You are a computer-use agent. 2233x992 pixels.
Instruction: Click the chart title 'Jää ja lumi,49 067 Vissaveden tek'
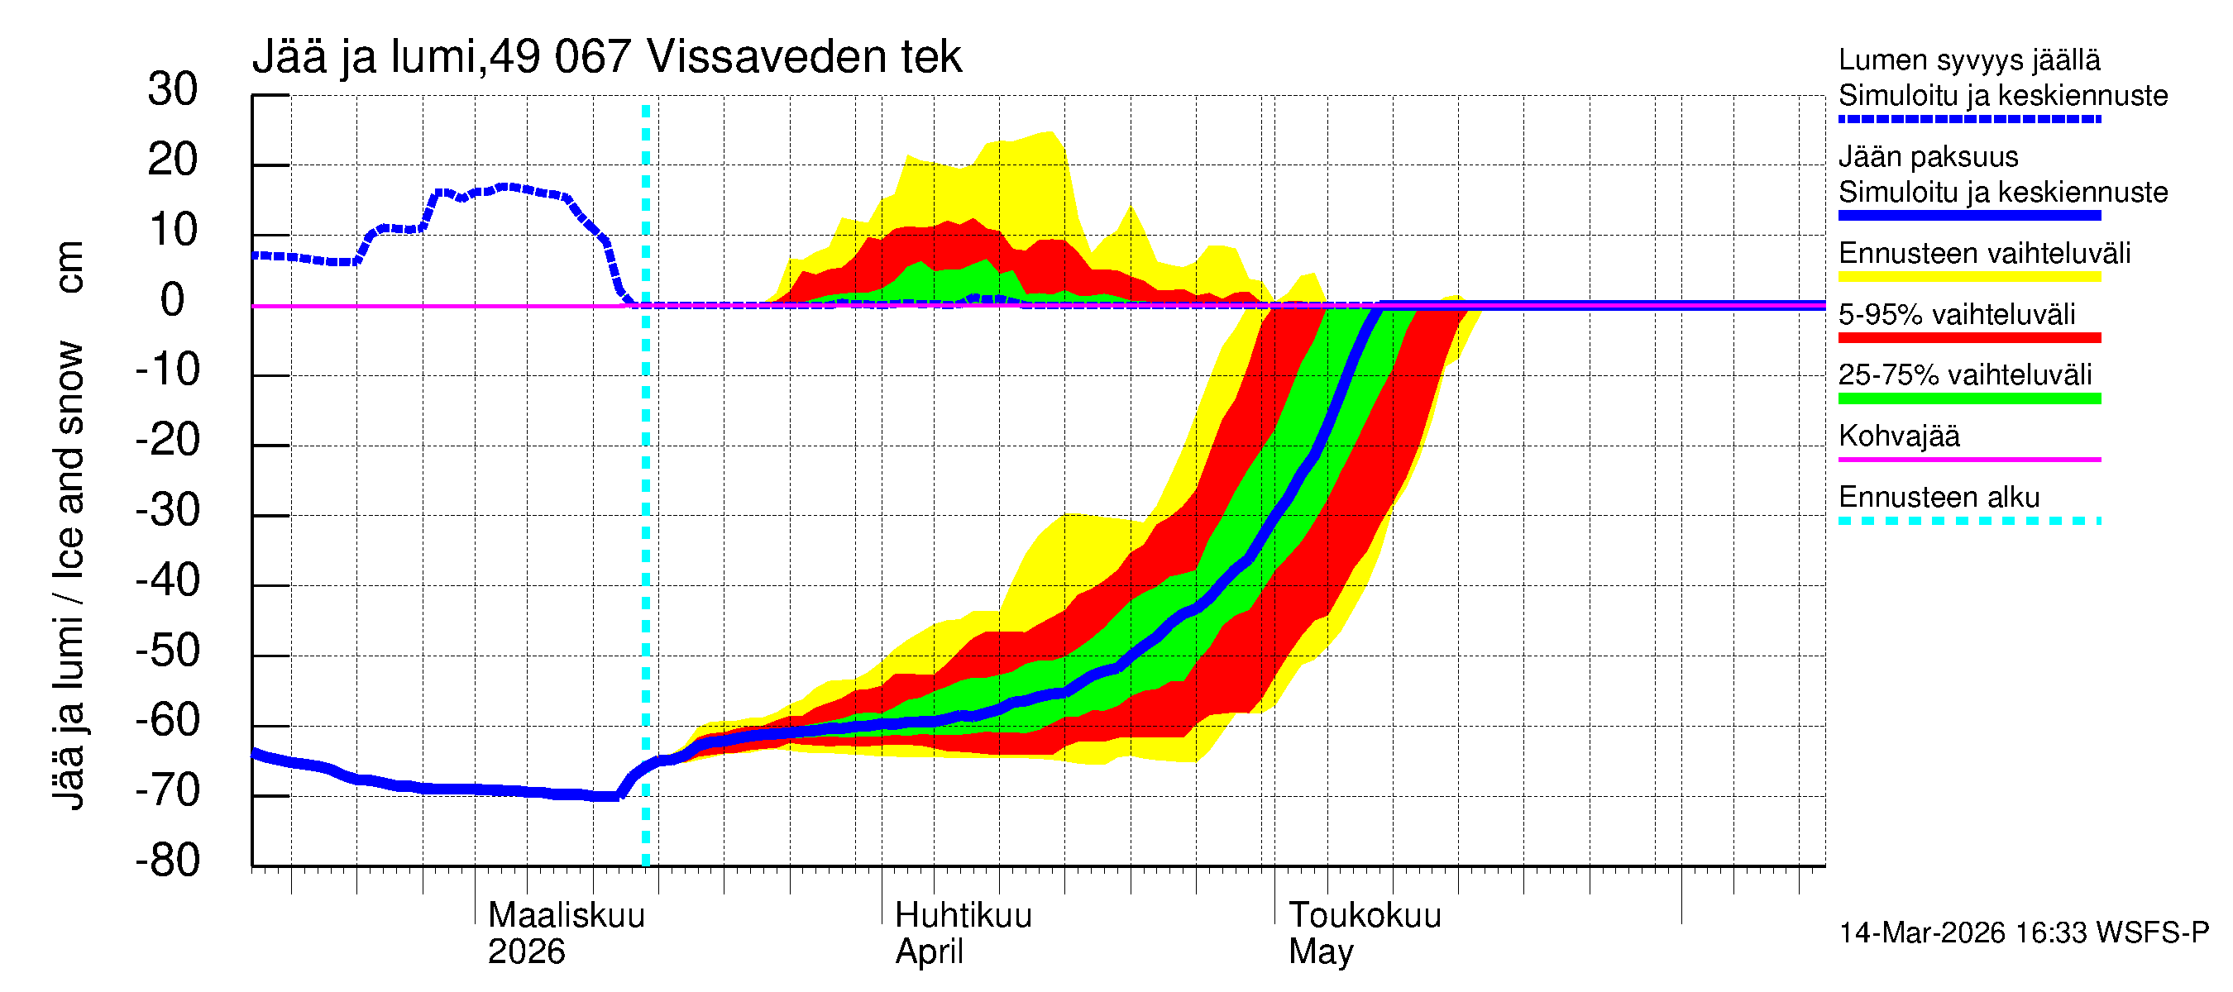coord(607,57)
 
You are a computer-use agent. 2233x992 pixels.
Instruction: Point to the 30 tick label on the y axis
coord(173,90)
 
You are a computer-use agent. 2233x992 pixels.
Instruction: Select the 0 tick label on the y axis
coord(173,301)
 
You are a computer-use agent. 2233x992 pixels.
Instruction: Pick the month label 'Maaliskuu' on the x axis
coord(566,916)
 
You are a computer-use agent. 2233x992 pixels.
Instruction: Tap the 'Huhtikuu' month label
coord(963,916)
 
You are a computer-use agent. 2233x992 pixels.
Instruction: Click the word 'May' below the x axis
coord(1320,952)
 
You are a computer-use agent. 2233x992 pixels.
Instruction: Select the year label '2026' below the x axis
coord(526,952)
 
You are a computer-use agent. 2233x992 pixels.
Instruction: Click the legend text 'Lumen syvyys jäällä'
coord(1968,60)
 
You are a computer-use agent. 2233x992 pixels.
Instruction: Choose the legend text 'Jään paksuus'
coord(1928,157)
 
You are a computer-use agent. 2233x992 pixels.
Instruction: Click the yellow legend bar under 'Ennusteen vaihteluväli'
coord(1968,277)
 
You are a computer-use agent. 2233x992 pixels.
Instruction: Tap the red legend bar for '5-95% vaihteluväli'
coord(1968,338)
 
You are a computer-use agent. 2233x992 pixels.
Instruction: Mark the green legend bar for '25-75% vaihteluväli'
coord(1968,398)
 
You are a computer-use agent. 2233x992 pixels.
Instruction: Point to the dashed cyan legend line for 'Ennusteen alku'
coord(1968,521)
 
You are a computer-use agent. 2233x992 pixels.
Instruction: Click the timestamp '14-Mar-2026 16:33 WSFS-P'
coord(2023,933)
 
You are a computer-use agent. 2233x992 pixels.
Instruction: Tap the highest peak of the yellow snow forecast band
coord(1050,132)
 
